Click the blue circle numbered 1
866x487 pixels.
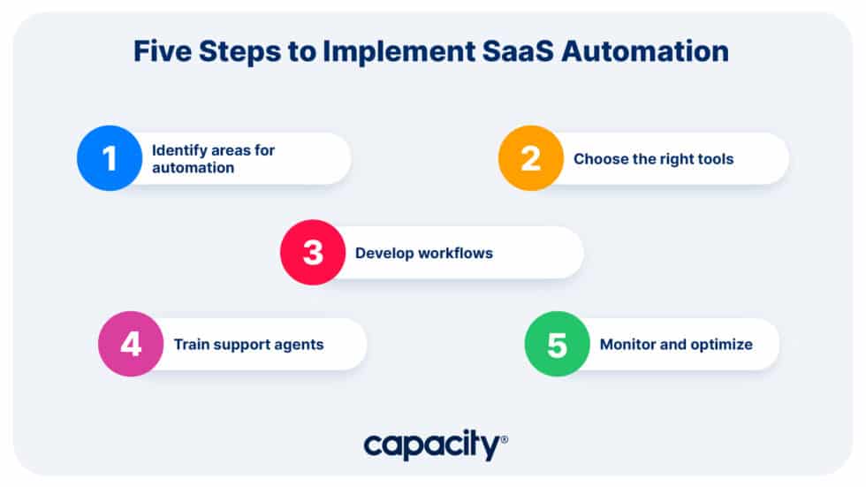click(110, 158)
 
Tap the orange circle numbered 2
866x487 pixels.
click(530, 158)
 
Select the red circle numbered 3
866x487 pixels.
click(313, 253)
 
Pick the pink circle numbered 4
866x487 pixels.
click(131, 344)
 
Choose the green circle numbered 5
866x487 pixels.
click(557, 344)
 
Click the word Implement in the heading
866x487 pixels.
click(391, 52)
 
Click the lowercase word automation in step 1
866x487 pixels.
click(193, 168)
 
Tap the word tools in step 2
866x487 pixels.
click(715, 159)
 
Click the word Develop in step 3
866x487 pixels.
click(383, 254)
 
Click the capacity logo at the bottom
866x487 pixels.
click(433, 445)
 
